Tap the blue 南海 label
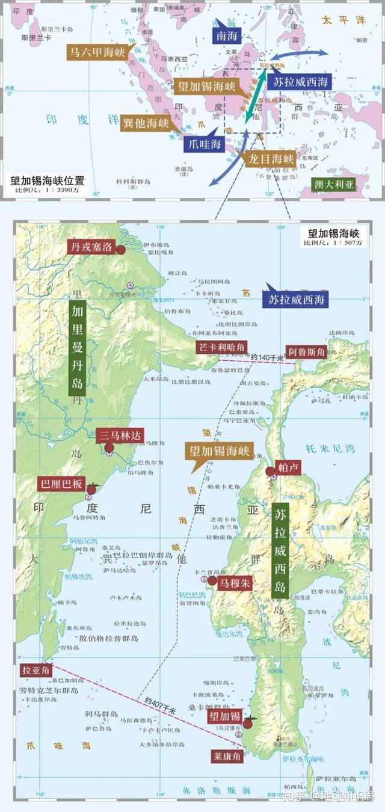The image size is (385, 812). [x=226, y=35]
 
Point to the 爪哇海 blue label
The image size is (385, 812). [x=204, y=144]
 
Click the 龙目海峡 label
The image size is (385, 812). [x=271, y=159]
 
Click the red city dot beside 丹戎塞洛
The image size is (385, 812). [x=121, y=250]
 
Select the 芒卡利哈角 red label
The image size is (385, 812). [x=221, y=347]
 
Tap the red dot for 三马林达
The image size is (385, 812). [x=109, y=448]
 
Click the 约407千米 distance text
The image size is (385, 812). [x=160, y=706]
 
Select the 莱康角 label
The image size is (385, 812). [x=227, y=756]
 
